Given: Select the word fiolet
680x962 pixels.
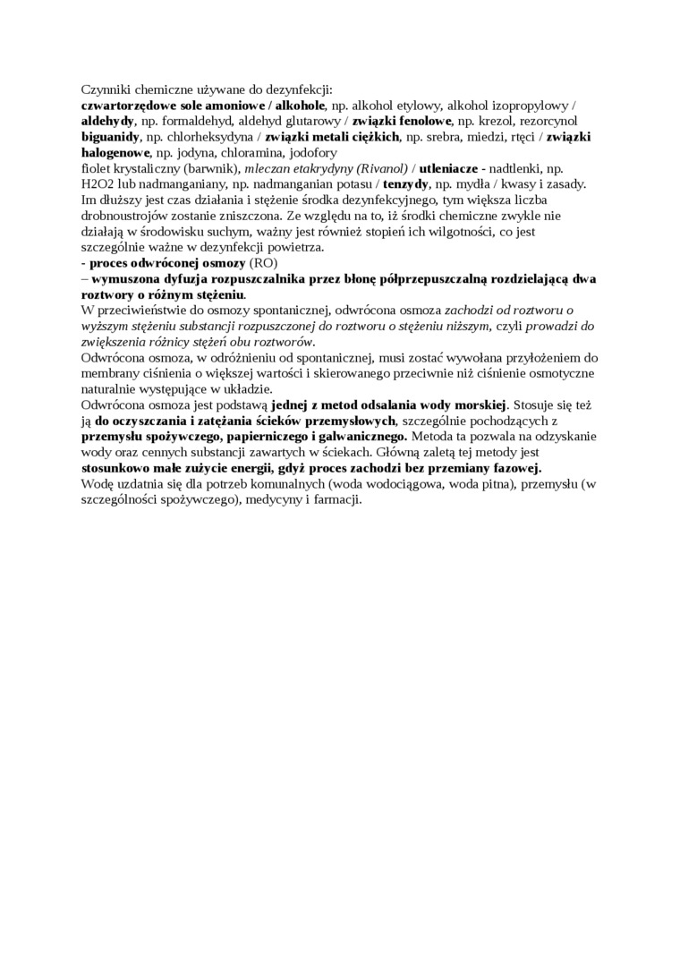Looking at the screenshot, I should click(97, 169).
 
